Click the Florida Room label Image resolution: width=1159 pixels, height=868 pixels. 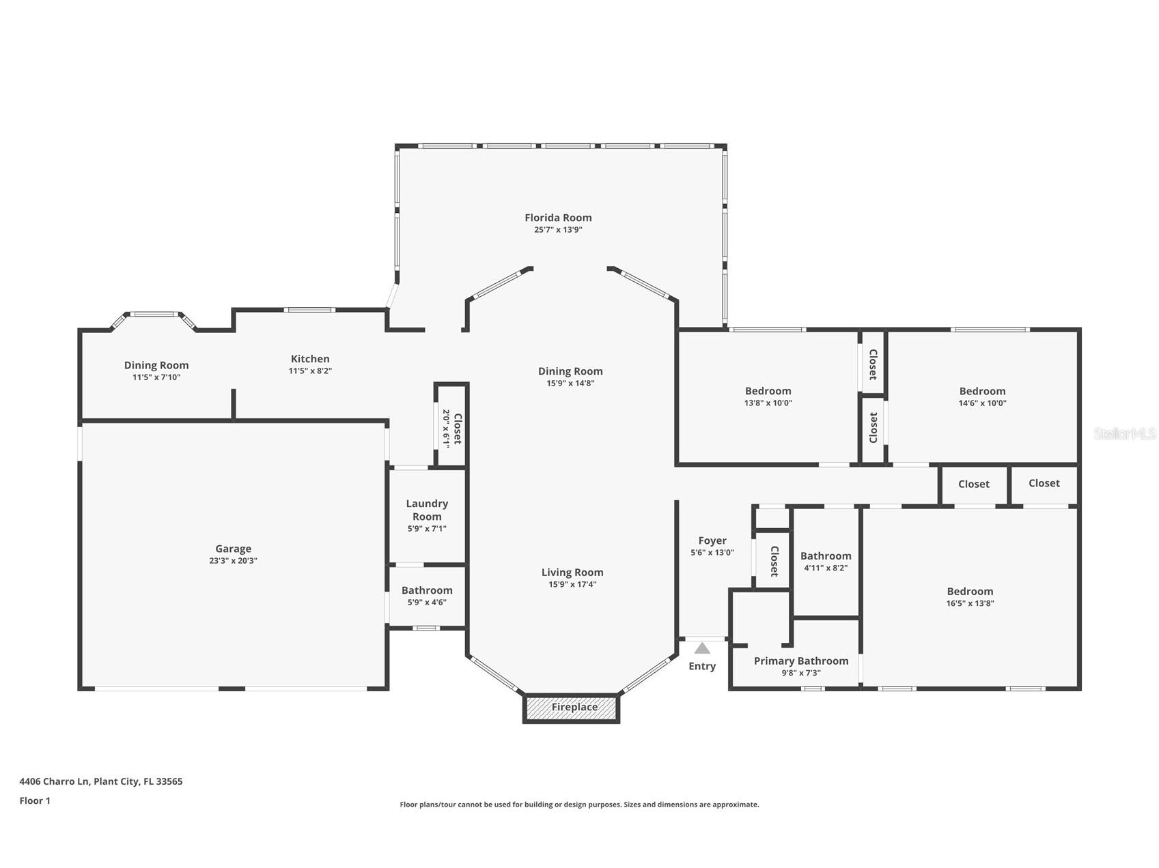coord(558,218)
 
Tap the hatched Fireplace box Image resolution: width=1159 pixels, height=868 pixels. coord(572,708)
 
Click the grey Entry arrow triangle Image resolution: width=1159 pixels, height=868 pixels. coord(702,648)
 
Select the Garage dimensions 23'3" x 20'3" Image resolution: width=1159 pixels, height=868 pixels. coord(234,561)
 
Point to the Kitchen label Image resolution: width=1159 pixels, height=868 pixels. coord(310,359)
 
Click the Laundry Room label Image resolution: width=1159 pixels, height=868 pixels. coord(427,510)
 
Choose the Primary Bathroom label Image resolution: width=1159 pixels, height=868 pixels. coord(801,661)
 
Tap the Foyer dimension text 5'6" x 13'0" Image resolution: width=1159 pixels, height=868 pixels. coord(712,553)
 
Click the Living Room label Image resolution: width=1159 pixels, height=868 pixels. coord(572,573)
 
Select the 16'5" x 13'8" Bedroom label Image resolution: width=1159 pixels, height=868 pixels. coord(970,592)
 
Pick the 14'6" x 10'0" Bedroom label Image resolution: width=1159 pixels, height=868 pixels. coord(982,391)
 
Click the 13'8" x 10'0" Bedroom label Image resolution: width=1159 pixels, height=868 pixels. coord(768,391)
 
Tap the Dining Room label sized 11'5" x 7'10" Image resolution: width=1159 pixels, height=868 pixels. coord(156,366)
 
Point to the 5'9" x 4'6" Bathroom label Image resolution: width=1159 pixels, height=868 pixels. coord(427,590)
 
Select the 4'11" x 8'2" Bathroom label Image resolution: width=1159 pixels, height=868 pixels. coord(826,556)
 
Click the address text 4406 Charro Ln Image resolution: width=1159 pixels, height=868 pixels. coord(101,781)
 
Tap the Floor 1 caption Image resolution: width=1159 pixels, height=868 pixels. coord(35,800)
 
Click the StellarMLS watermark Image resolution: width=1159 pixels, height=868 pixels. coord(1124,433)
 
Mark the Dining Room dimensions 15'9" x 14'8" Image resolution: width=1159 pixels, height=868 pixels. coord(570,384)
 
